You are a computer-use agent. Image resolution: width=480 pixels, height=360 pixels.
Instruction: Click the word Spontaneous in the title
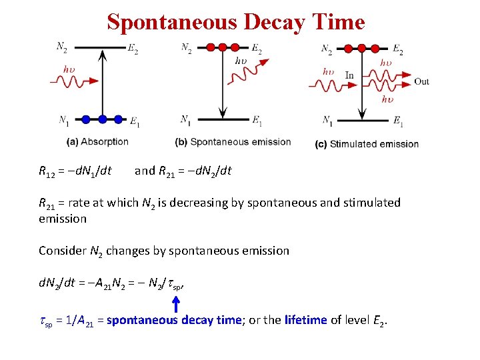[x=173, y=22]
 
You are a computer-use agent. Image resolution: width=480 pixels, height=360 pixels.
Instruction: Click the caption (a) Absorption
[x=98, y=141]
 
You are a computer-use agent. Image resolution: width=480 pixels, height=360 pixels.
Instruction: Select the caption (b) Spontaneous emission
[x=233, y=141]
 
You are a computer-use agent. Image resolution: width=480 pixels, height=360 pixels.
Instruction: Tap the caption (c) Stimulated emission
[x=367, y=143]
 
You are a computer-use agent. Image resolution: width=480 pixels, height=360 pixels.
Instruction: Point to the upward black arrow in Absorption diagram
[x=102, y=83]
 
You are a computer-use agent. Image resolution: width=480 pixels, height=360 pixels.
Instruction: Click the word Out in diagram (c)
[x=421, y=81]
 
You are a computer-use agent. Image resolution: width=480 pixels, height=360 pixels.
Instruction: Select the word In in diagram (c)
[x=349, y=75]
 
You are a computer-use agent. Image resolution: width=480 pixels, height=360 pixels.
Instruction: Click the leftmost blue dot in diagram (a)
[x=86, y=119]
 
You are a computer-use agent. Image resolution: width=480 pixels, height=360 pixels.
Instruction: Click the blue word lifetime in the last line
[x=305, y=320]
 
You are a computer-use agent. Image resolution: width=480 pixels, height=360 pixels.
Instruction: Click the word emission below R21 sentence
[x=63, y=219]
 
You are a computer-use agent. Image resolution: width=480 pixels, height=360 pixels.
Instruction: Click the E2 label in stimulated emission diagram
[x=397, y=51]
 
